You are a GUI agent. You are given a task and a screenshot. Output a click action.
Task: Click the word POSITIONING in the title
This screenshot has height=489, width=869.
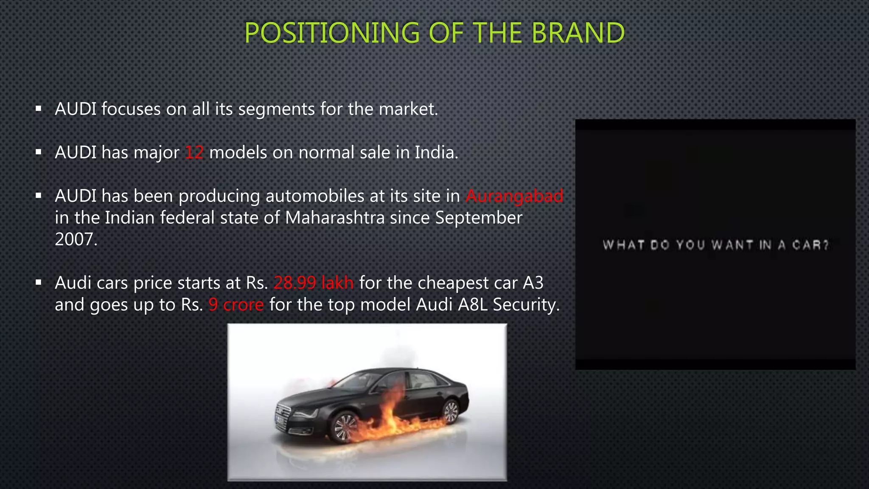pos(332,33)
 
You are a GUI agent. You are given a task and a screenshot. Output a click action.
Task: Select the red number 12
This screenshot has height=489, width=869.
pos(194,152)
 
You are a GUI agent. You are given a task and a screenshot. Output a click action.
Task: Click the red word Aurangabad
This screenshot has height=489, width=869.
pos(514,196)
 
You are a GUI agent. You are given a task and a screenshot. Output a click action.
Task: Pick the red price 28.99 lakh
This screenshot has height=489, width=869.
pos(314,283)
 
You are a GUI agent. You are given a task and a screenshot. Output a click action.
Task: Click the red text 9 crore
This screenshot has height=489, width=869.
pos(236,305)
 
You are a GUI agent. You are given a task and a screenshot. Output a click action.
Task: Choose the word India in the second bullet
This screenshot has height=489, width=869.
pos(435,152)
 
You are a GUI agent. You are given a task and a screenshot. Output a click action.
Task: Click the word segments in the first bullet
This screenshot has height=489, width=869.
pos(276,110)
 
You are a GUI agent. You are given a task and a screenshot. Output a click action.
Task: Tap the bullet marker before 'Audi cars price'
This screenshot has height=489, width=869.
pos(39,282)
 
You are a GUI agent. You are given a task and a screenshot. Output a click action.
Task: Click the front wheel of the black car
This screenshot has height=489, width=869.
pos(345,427)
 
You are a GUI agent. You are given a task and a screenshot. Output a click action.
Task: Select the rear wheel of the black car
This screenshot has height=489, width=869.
pos(451,411)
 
